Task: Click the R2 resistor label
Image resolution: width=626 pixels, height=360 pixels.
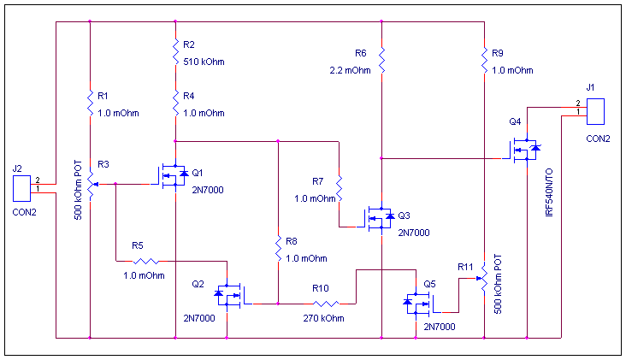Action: (x=189, y=44)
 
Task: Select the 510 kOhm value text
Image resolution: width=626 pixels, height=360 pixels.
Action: (x=204, y=62)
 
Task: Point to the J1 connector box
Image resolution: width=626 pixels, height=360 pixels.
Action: (x=597, y=111)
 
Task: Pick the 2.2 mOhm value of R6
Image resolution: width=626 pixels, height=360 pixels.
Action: (x=350, y=71)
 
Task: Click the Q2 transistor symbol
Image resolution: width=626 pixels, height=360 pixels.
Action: (x=227, y=296)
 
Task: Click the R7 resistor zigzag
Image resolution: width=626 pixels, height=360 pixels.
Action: (x=339, y=189)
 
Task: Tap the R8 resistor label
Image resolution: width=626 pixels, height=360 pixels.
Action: (x=292, y=241)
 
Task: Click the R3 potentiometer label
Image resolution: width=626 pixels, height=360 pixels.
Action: (x=103, y=163)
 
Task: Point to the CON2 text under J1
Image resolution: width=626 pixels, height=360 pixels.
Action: (x=598, y=138)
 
